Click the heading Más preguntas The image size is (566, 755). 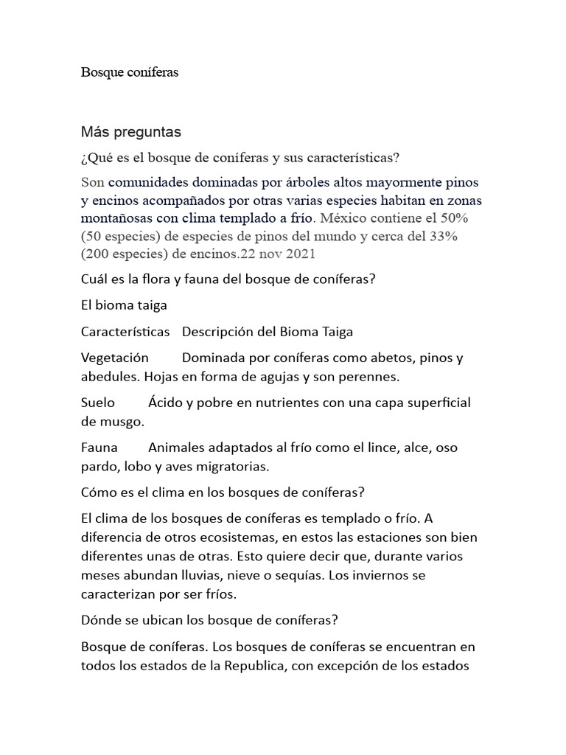[x=130, y=133]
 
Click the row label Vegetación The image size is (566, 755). [x=115, y=358]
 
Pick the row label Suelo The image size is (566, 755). [x=98, y=403]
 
